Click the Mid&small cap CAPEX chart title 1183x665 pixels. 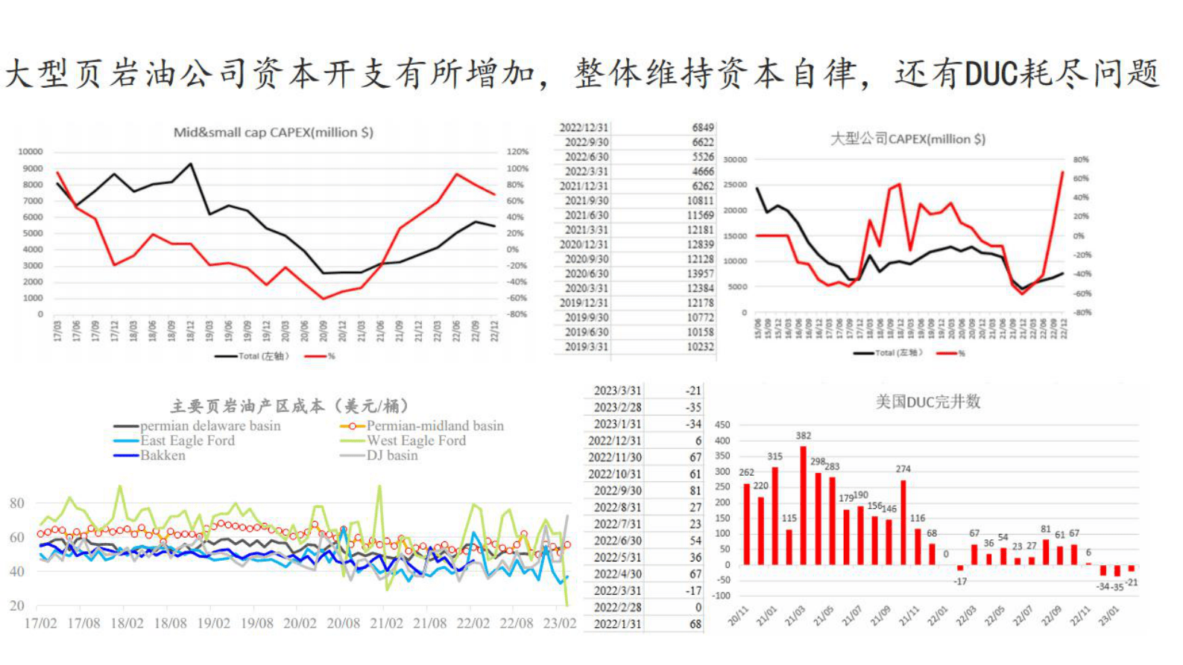tap(273, 133)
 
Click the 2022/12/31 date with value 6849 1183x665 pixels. tap(584, 127)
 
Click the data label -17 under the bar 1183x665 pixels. tap(960, 581)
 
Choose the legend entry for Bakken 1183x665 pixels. tap(163, 455)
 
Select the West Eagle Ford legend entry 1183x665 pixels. tap(415, 441)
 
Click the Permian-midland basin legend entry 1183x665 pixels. tap(435, 426)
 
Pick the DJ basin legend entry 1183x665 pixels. tap(391, 455)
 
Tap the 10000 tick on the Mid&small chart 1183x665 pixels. tap(31, 152)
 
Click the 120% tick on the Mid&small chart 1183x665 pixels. tap(517, 152)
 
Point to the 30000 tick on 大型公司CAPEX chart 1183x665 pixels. tap(734, 159)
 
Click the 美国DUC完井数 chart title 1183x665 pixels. tap(927, 402)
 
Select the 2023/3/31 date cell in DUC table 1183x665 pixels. tap(617, 390)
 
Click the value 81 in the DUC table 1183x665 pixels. tap(695, 491)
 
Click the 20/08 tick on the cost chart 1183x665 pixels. tap(343, 623)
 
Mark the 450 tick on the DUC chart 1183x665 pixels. tap(722, 425)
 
